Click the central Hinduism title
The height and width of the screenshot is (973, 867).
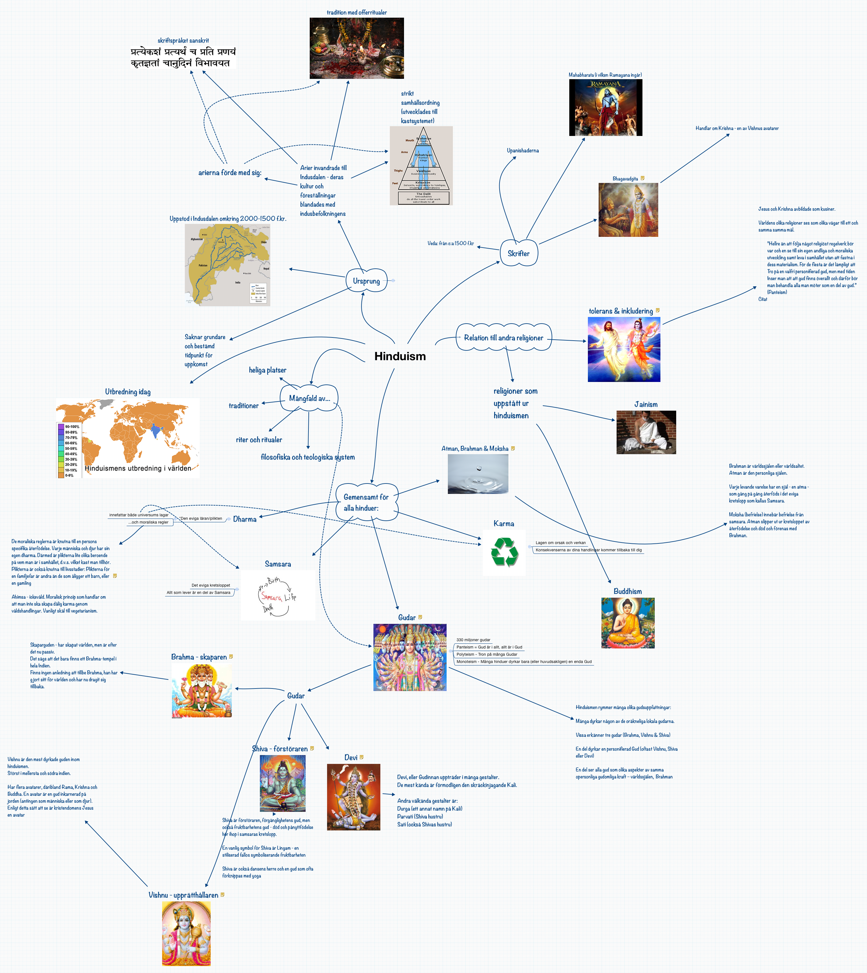400,356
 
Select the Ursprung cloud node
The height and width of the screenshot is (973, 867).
366,281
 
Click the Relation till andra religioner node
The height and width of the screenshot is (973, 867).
504,338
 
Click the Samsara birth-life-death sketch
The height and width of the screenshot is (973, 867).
278,595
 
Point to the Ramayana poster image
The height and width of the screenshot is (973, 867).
606,108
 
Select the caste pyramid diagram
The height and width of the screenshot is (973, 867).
421,166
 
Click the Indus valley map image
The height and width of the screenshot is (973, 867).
227,265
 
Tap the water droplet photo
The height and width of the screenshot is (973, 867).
478,473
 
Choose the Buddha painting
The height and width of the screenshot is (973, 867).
628,623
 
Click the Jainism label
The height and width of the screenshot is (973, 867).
646,404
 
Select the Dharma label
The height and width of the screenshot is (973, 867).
245,519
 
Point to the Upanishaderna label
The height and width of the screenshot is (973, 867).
523,150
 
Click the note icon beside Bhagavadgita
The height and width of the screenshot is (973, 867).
642,178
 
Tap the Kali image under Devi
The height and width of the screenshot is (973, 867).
354,797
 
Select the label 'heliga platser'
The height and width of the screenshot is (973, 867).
267,370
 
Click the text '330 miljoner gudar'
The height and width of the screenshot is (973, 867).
473,640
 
